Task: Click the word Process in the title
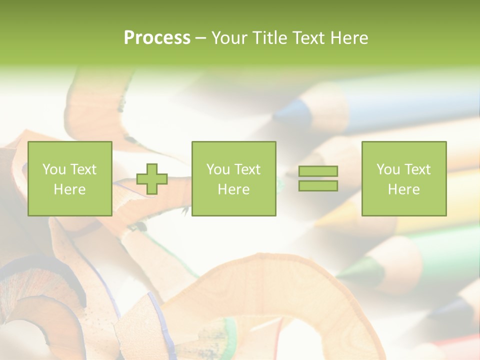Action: click(x=157, y=38)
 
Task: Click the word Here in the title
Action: click(x=349, y=38)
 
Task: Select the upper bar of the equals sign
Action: click(x=318, y=171)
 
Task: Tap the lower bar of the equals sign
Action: click(x=318, y=186)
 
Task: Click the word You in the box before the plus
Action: click(x=54, y=169)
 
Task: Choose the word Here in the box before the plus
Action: click(x=69, y=189)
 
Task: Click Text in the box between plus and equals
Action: click(x=247, y=169)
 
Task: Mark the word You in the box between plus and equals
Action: click(x=218, y=169)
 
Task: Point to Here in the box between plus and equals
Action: click(x=233, y=189)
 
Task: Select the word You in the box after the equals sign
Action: click(x=388, y=169)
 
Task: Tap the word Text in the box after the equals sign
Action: click(x=417, y=169)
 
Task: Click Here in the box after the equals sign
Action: click(x=403, y=189)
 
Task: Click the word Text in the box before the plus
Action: click(x=83, y=169)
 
